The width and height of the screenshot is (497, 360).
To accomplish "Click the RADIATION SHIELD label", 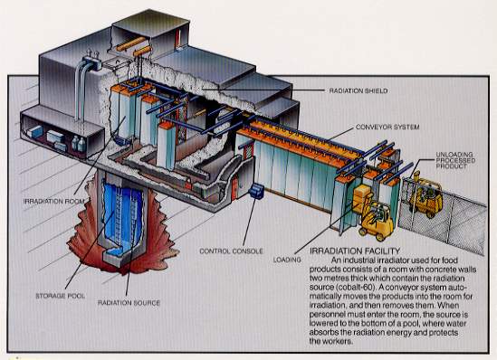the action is click(x=358, y=90).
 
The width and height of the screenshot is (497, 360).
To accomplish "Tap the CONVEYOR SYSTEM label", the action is click(x=387, y=127).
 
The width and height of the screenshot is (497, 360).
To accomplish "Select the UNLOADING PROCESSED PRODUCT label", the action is click(x=455, y=160).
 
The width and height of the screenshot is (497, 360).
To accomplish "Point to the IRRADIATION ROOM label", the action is click(x=54, y=201).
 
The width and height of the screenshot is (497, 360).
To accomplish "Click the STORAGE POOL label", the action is click(x=61, y=296).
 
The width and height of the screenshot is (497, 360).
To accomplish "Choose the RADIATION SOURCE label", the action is click(x=129, y=303).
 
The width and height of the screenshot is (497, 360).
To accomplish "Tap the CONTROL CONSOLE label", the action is click(x=231, y=251).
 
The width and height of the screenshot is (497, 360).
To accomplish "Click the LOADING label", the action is click(x=287, y=260).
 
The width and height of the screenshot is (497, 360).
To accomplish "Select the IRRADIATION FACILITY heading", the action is click(x=355, y=251).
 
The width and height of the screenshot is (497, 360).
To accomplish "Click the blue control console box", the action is click(x=256, y=191).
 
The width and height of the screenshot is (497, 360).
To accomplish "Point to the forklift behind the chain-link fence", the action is click(x=425, y=195).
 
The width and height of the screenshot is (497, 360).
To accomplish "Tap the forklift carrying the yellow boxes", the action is click(x=377, y=220).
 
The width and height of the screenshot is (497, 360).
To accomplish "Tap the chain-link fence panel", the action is click(x=443, y=215).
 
